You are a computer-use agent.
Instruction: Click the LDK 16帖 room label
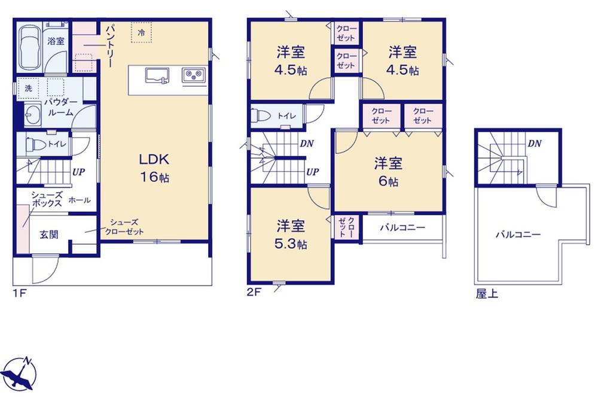[x=154, y=168]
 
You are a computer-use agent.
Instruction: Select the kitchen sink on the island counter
[x=157, y=75]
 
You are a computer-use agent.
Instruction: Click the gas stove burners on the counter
[x=194, y=75]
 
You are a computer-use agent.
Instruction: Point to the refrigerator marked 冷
[x=142, y=32]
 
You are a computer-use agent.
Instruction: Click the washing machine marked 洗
[x=28, y=89]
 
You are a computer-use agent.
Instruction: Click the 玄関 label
[x=49, y=235]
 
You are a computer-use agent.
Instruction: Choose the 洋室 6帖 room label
[x=388, y=172]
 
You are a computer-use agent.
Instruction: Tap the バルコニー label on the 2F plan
[x=402, y=228]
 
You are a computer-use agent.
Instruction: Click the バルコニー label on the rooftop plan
[x=518, y=234]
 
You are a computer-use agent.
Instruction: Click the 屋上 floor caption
[x=487, y=294]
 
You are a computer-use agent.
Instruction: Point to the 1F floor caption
[x=19, y=293]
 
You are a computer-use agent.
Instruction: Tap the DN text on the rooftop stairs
[x=535, y=144]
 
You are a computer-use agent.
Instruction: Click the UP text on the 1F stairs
[x=78, y=172]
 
